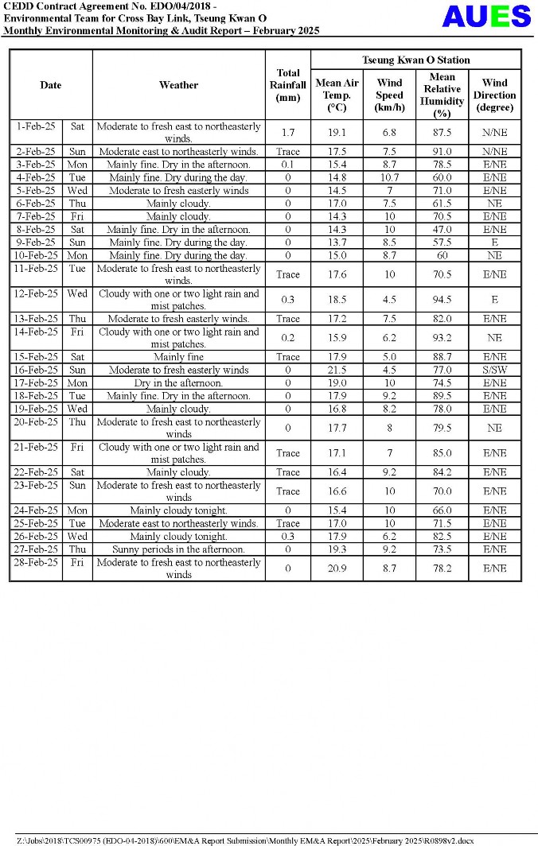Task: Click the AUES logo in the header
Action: [x=486, y=16]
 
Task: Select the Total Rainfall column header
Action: [x=287, y=85]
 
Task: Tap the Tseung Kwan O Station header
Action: [x=415, y=60]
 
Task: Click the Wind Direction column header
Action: [x=494, y=95]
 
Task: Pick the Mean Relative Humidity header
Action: [x=442, y=95]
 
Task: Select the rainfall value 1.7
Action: [x=287, y=132]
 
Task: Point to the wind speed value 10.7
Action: [x=389, y=177]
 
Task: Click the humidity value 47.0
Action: [x=442, y=229]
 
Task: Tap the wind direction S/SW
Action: [x=494, y=370]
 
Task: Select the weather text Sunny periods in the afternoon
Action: [x=178, y=549]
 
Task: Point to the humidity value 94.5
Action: [x=442, y=300]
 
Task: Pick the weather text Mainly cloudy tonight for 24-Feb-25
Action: [x=178, y=510]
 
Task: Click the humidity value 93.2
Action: [x=442, y=338]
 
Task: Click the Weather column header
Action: [x=178, y=85]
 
